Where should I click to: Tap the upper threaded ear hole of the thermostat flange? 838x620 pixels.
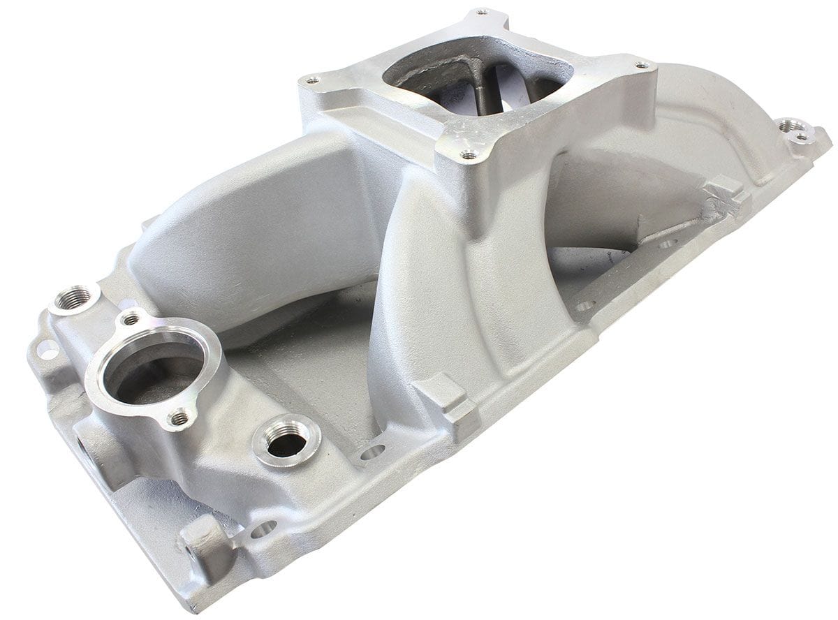pyautogui.click(x=131, y=320)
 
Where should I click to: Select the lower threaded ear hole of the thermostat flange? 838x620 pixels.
pyautogui.click(x=180, y=418)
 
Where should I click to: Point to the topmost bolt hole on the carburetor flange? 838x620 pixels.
pyautogui.click(x=480, y=13)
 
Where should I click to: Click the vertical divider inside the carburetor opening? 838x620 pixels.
pyautogui.click(x=489, y=77)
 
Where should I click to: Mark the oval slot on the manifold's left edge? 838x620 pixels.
pyautogui.click(x=48, y=349)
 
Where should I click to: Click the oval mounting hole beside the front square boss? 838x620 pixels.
pyautogui.click(x=373, y=452)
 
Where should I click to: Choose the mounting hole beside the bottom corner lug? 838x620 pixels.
pyautogui.click(x=264, y=529)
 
